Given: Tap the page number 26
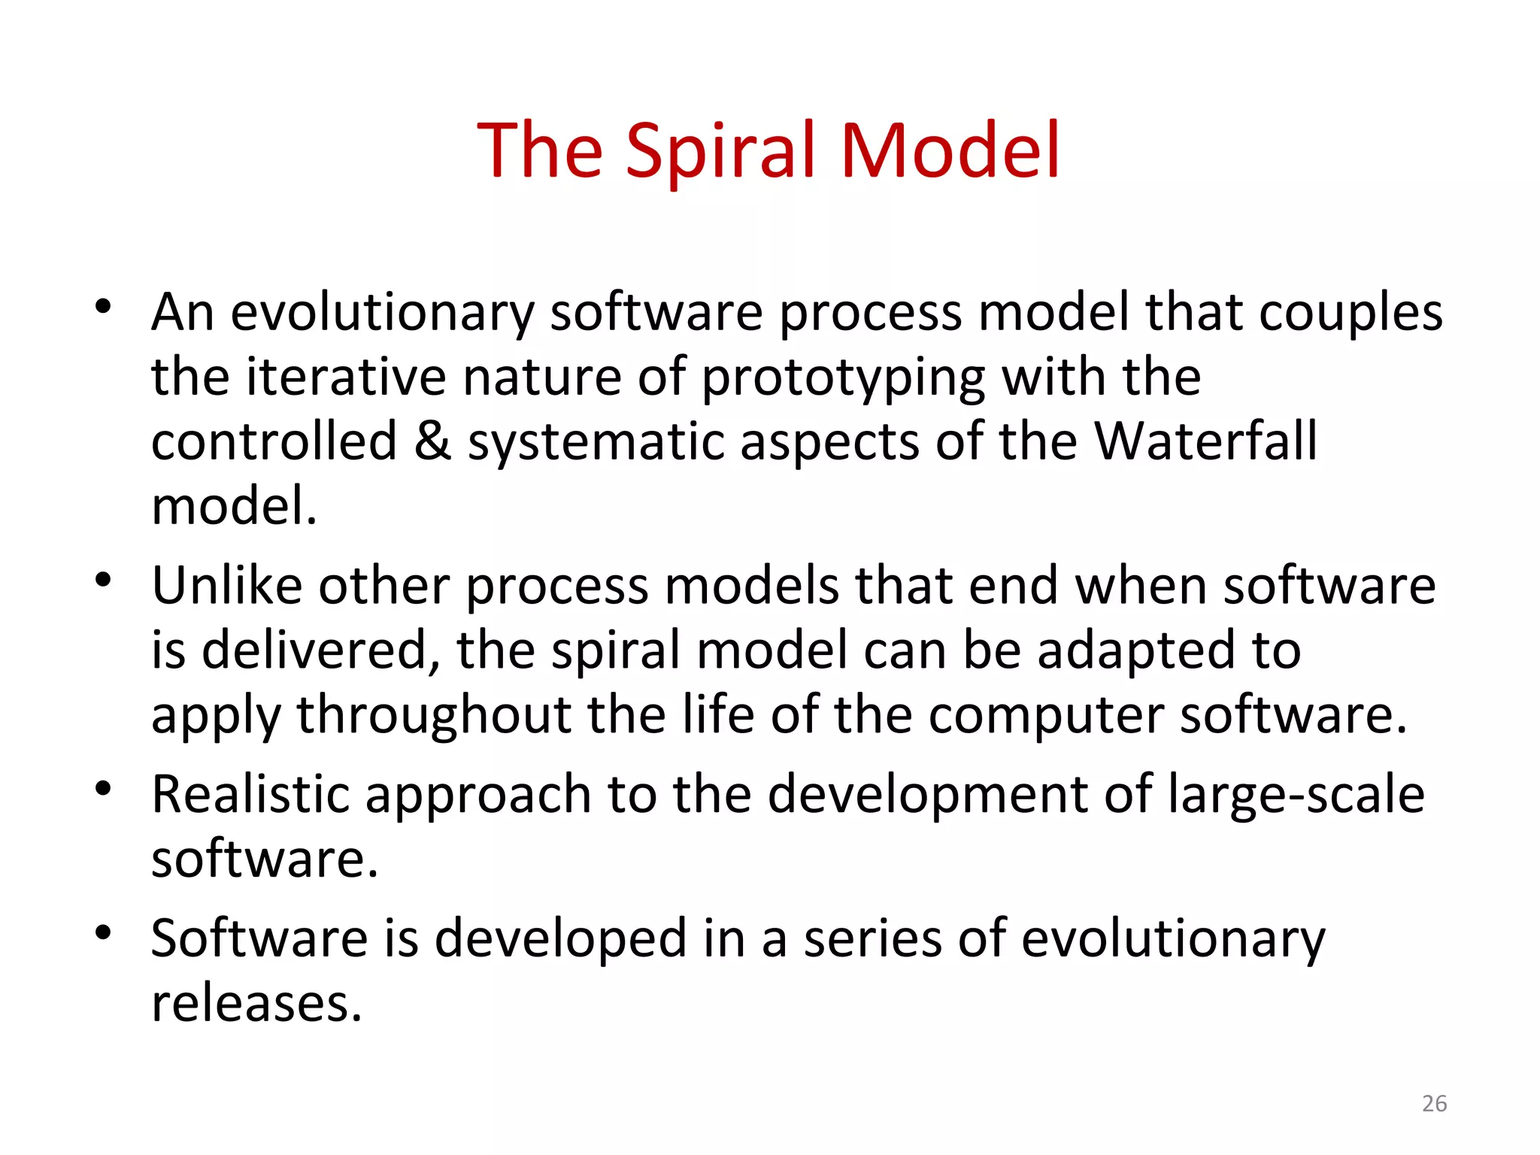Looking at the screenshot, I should [1434, 1103].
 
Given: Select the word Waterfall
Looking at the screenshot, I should [1205, 441].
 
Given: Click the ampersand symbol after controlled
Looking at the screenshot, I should [432, 441].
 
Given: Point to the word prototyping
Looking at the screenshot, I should [843, 378].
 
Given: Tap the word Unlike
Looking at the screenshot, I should [226, 586].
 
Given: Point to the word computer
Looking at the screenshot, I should [1045, 716].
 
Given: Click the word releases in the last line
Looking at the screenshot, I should [256, 1004].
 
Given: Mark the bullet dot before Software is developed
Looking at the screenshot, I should [104, 933].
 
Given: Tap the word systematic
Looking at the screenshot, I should [596, 443].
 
